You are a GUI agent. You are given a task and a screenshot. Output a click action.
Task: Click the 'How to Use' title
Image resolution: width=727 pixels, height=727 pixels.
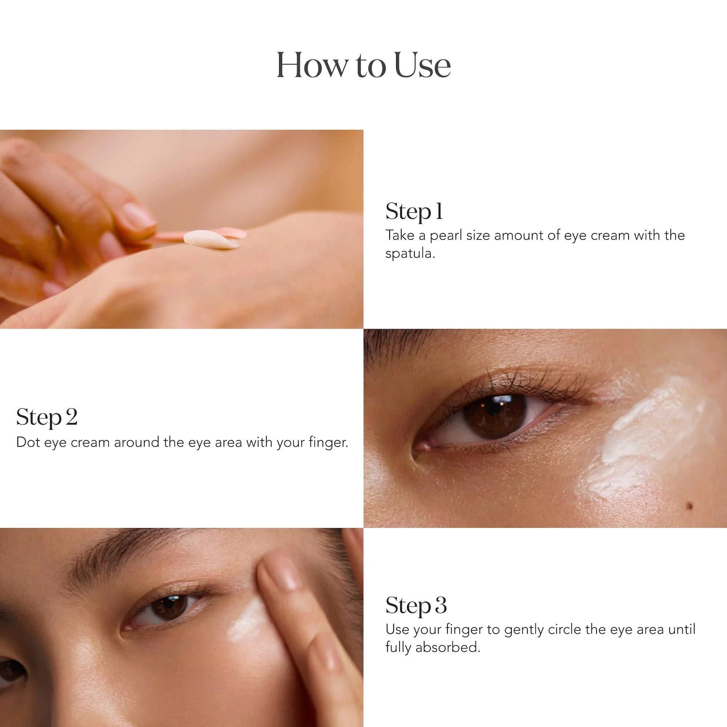pos(363,65)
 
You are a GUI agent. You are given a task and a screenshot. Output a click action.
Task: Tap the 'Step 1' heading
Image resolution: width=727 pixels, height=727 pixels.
pos(414,211)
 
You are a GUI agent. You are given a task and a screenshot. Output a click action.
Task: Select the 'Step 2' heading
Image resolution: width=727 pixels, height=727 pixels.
pos(47,417)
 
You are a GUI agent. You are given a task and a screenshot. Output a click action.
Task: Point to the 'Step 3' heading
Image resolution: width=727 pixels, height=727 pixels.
pos(416,606)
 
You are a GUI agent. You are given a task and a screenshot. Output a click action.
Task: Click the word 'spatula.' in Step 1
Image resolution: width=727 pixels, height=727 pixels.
pos(410,254)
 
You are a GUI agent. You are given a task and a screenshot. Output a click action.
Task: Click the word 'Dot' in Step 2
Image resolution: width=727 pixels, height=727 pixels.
pos(28,442)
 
